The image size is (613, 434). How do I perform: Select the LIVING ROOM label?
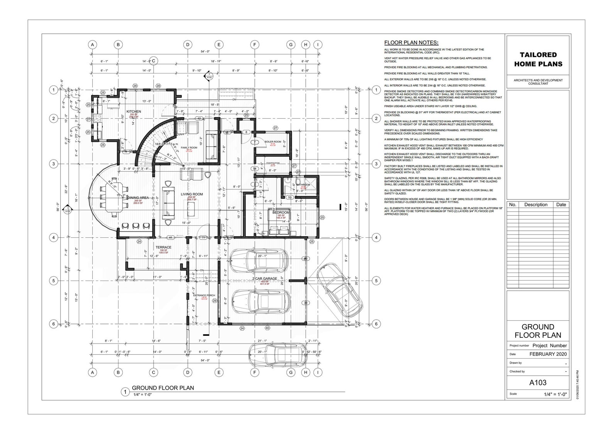pos(192,194)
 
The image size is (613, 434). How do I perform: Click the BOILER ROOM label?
pos(273,142)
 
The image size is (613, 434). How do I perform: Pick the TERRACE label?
pos(163,247)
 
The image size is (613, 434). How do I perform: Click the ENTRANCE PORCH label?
pos(204,295)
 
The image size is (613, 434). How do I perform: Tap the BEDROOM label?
pos(281,213)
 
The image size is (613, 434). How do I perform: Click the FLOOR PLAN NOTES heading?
pos(411,43)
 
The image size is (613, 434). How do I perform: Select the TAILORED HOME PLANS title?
pos(538,60)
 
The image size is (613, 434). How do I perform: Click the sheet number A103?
pos(538,383)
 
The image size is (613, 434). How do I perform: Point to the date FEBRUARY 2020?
pos(548,354)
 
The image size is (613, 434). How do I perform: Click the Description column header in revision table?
pos(536,204)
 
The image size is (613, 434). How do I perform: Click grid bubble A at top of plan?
pos(92,44)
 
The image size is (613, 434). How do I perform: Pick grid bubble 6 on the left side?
pos(54,324)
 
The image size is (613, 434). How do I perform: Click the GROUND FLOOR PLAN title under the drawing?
pos(163,388)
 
